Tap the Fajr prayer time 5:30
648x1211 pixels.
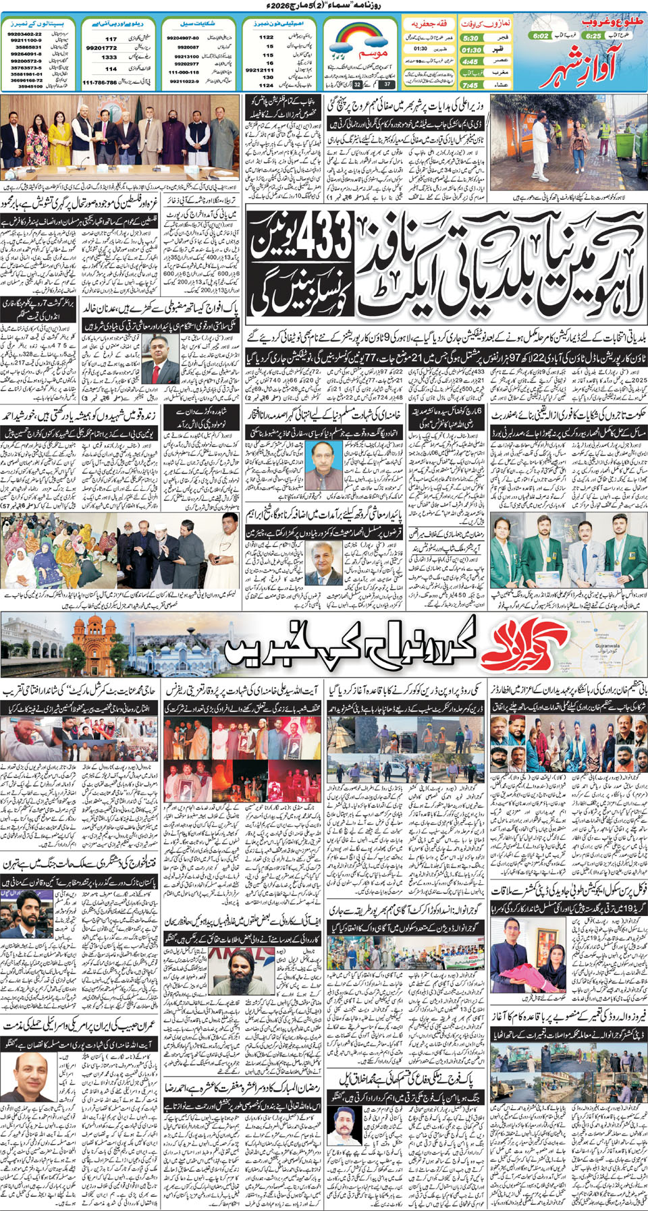(471, 38)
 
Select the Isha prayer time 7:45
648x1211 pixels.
(470, 85)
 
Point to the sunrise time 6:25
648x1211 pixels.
(593, 36)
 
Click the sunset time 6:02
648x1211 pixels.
(540, 36)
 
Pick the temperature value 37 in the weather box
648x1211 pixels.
(387, 84)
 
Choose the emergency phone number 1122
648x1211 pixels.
(267, 38)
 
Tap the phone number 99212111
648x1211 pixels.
(259, 70)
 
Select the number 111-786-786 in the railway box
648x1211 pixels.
(99, 82)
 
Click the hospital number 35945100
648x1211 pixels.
(30, 86)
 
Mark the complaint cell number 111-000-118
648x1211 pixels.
(183, 72)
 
